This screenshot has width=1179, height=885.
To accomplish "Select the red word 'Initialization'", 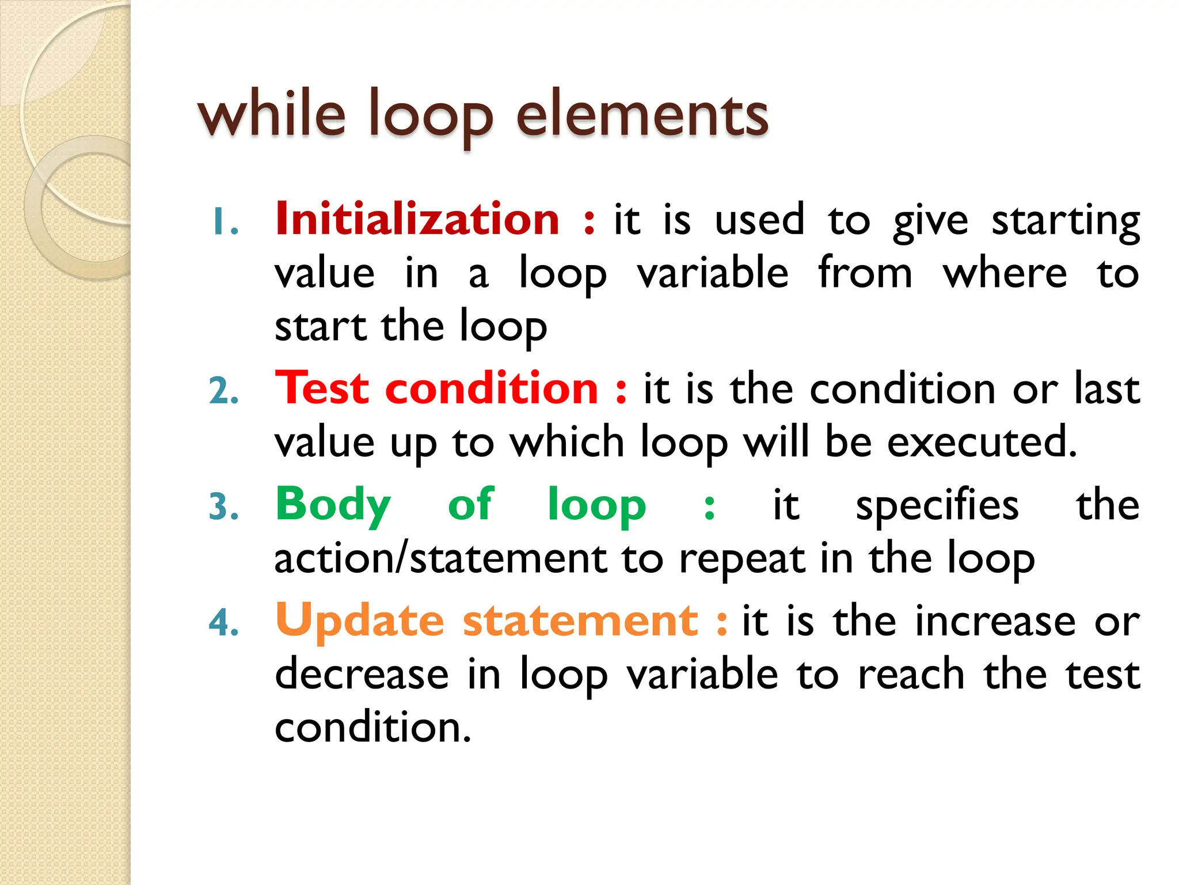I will pos(417,220).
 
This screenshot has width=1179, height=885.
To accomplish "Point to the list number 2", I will pos(224,392).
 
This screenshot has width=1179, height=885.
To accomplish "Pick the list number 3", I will pos(224,508).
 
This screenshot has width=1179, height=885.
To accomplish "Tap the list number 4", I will pos(224,623).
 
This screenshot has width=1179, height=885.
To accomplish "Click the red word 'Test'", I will pos(322,388).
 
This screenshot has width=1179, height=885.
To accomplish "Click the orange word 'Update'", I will pos(360,621).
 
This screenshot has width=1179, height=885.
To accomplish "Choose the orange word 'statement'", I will pos(580,621).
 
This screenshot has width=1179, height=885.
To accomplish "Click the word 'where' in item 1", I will pos(1005,273).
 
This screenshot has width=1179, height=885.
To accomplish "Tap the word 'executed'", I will pos(982,442).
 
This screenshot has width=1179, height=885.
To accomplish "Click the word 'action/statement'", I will pos(440,559).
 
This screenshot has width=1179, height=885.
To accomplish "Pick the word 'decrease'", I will pos(362,674).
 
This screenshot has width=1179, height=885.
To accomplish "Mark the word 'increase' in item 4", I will pos(995,622).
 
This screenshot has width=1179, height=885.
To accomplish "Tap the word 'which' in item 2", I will pos(567,442).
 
